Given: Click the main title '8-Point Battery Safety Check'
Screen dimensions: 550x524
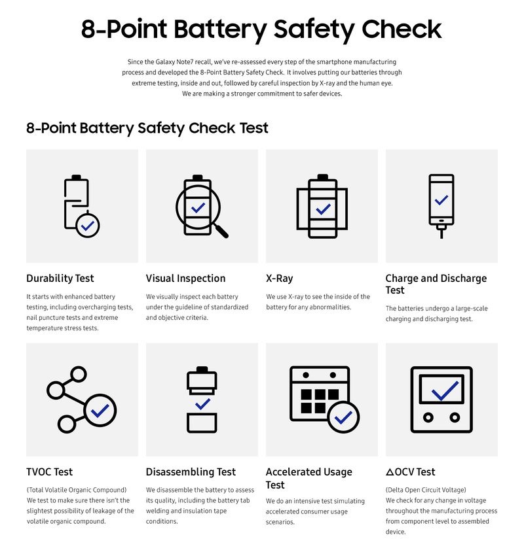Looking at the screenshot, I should click(262, 30).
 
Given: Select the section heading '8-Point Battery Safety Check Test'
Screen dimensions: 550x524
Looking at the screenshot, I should click(147, 128).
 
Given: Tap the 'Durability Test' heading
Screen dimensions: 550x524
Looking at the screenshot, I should click(59, 279).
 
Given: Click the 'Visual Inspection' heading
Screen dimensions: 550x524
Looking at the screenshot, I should click(185, 279).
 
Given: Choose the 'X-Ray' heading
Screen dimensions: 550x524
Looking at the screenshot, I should click(279, 279).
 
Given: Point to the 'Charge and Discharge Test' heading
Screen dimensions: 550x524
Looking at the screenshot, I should click(436, 284).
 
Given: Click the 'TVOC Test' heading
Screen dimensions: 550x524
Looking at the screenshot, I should click(49, 472).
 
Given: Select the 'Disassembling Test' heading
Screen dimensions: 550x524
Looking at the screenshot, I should click(191, 472).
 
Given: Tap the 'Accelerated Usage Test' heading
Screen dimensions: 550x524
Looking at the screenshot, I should click(309, 478).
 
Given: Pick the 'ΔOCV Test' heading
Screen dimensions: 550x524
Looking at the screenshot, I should click(410, 472).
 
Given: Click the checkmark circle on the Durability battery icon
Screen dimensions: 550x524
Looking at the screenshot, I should click(88, 225).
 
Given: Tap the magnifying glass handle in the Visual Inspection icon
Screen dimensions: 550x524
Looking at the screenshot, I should click(221, 230).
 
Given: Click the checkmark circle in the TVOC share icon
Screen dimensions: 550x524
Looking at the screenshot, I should click(100, 411).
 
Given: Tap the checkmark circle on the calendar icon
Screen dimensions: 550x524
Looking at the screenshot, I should click(343, 417).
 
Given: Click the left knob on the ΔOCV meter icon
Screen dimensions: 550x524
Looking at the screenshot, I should click(428, 417).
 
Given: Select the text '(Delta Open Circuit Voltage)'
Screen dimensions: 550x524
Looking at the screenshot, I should click(425, 489).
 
